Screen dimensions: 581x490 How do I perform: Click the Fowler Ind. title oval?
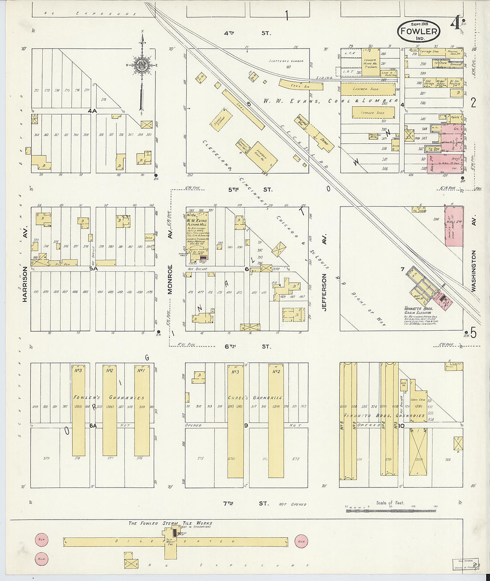click(x=418, y=31)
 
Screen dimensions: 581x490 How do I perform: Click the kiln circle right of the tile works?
click(x=301, y=542)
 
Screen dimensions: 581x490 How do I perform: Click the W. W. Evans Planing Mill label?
click(x=196, y=222)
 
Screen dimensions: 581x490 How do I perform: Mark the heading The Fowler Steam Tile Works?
click(x=170, y=523)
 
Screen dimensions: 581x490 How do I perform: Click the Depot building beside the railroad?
click(x=322, y=138)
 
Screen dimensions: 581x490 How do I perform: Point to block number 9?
click(x=246, y=426)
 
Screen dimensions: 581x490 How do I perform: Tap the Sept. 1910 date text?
click(x=418, y=24)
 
